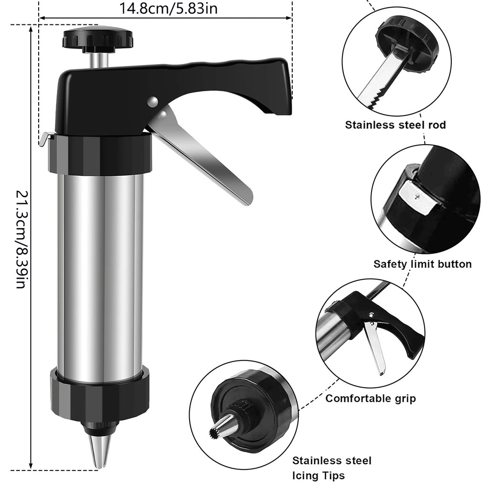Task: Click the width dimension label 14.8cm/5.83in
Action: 168,9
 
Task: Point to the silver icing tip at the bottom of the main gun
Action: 99,451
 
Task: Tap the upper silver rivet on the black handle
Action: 152,102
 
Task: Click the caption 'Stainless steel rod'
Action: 395,125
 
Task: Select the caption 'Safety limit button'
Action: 423,264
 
